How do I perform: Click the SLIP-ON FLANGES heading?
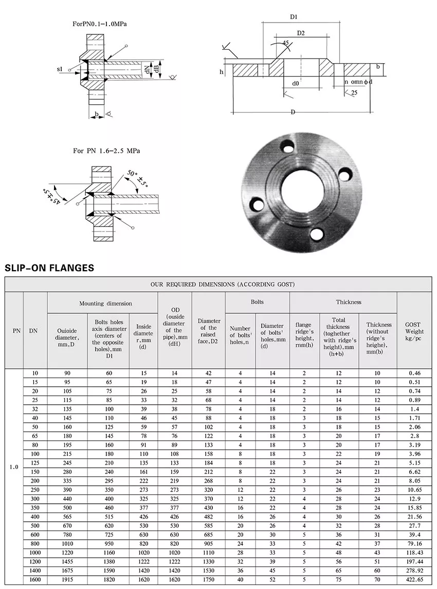click(49, 268)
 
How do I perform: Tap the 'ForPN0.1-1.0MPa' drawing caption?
click(101, 24)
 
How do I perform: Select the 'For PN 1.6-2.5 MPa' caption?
click(106, 151)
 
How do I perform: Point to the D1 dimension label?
click(294, 17)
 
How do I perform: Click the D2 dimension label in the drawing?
click(301, 33)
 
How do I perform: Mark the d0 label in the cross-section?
click(296, 83)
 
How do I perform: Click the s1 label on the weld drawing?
click(60, 68)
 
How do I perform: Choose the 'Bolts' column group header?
click(257, 302)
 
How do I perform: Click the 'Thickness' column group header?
click(349, 302)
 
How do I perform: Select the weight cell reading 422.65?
click(413, 580)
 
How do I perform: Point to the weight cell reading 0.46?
click(413, 373)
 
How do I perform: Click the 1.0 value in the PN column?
click(14, 467)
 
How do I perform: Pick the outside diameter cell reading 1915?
click(67, 580)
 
